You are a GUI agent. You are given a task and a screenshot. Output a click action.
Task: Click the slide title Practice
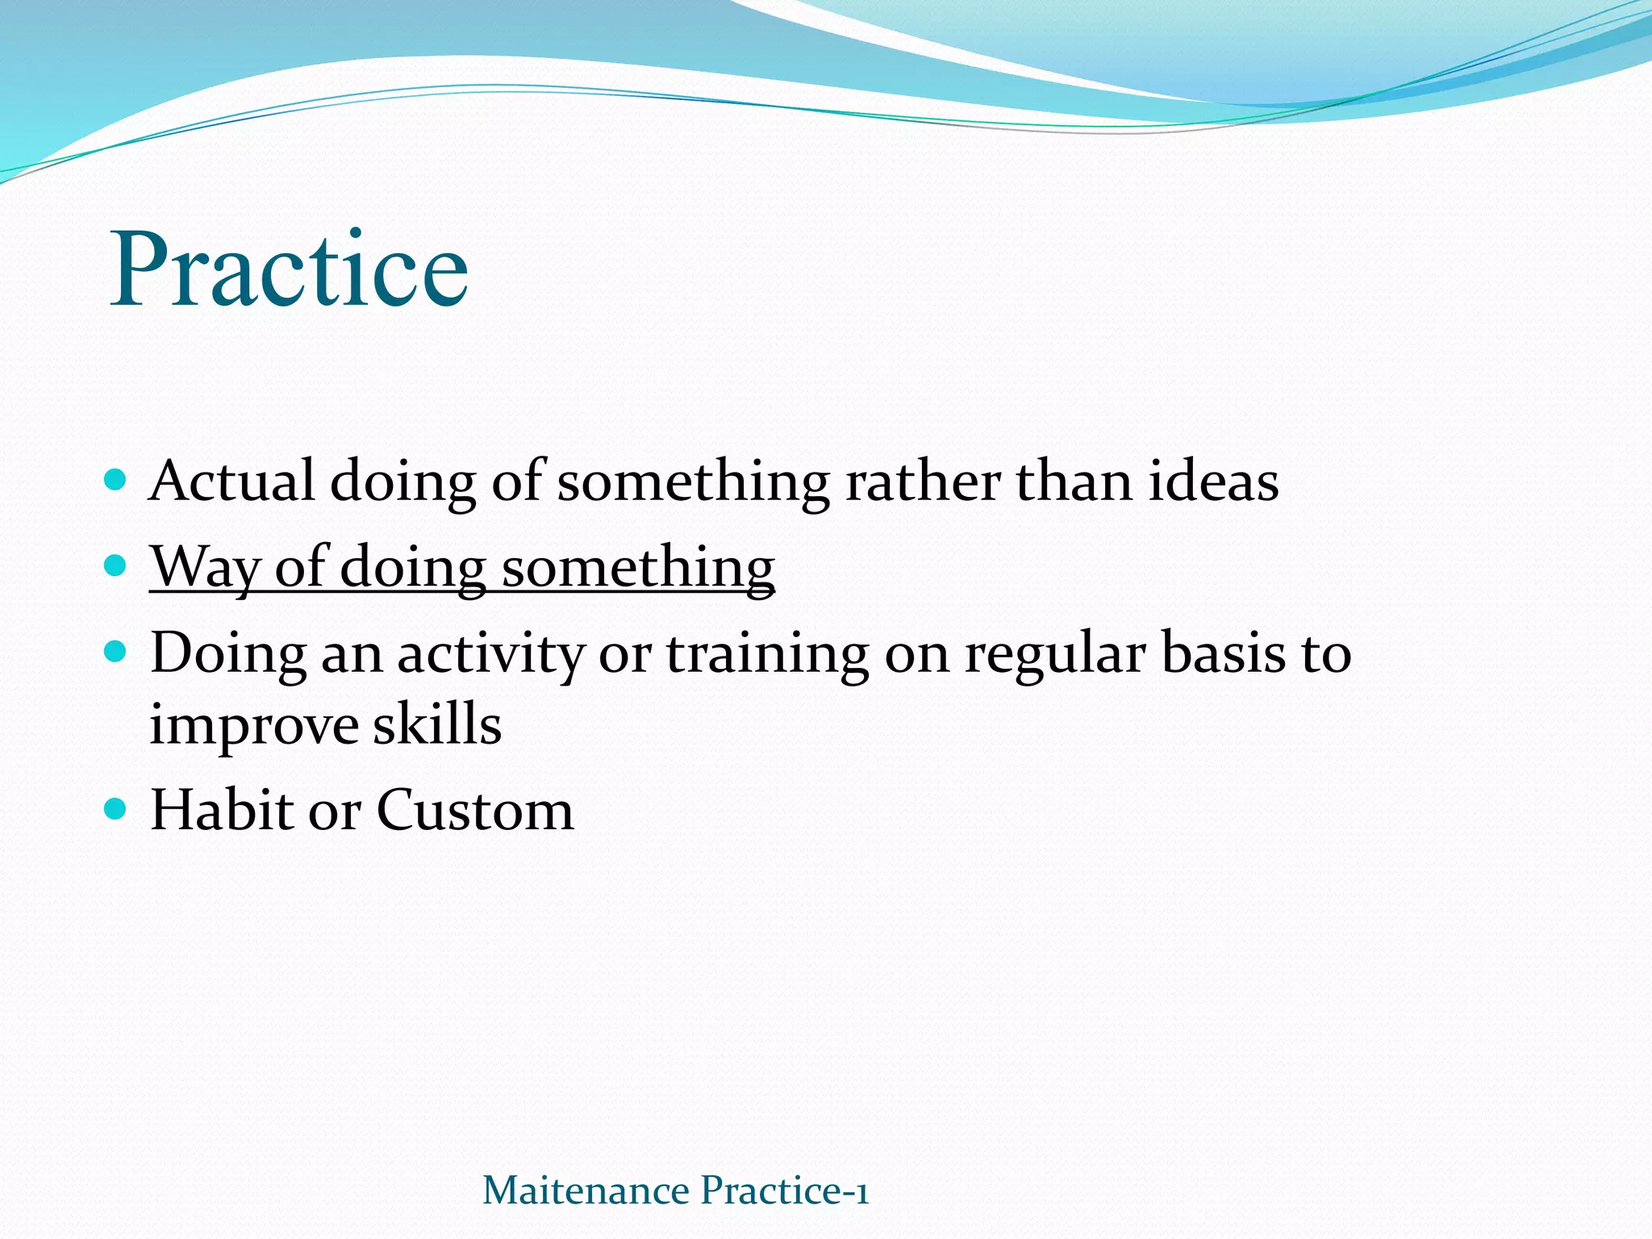point(289,270)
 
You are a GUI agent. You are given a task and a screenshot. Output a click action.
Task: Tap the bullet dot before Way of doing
point(116,565)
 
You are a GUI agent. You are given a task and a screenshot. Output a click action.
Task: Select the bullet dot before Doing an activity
point(116,650)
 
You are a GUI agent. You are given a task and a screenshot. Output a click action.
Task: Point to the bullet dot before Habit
point(116,808)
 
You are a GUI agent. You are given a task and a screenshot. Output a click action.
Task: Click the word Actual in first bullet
point(232,482)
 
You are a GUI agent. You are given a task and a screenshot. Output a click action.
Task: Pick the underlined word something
point(638,568)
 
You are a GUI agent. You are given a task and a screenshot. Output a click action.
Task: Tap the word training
point(767,653)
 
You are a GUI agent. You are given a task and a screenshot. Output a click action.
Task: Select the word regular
point(1055,653)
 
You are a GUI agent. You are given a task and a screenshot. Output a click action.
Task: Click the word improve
point(253,724)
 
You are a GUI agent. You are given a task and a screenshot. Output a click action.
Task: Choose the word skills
point(436,724)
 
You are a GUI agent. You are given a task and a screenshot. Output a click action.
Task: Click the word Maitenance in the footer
point(586,1191)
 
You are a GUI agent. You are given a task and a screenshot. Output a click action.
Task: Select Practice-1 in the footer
point(785,1191)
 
